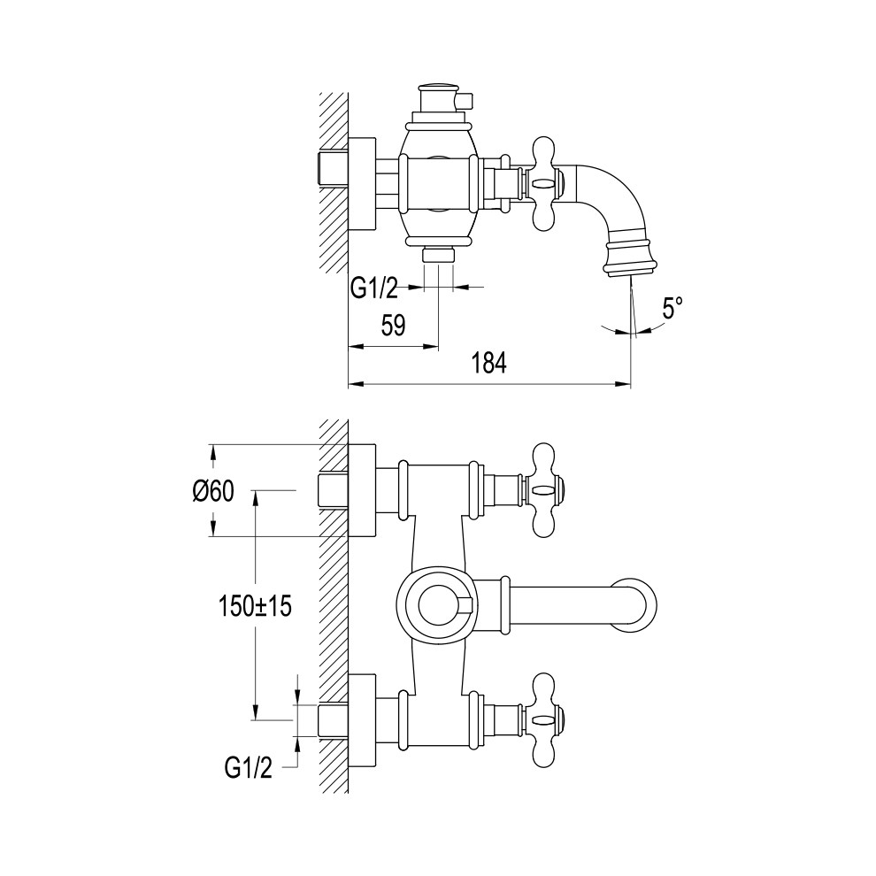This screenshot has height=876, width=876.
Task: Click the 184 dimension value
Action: tap(488, 363)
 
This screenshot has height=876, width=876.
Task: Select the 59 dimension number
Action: tap(393, 326)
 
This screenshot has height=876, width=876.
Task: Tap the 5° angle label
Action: tap(672, 308)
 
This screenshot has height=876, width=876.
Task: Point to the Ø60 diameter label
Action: tap(213, 492)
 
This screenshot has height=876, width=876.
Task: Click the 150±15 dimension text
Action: tap(256, 607)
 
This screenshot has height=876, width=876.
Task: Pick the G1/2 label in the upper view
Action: tap(373, 288)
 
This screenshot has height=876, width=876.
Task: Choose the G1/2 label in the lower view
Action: tap(249, 769)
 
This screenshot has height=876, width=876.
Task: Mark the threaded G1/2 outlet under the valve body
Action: tap(439, 255)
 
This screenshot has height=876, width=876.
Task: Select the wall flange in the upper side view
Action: tap(363, 183)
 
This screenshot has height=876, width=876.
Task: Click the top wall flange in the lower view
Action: tap(362, 490)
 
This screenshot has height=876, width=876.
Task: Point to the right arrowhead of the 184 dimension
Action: tap(624, 384)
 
